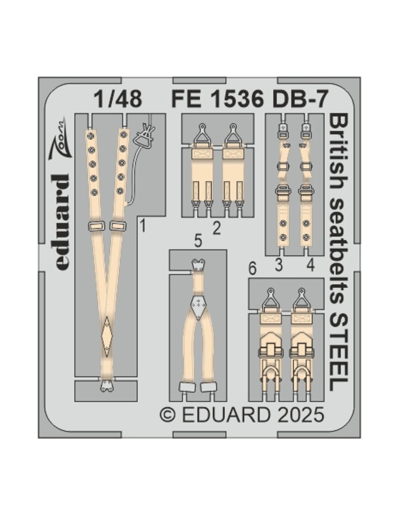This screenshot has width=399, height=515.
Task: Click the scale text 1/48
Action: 118,99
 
